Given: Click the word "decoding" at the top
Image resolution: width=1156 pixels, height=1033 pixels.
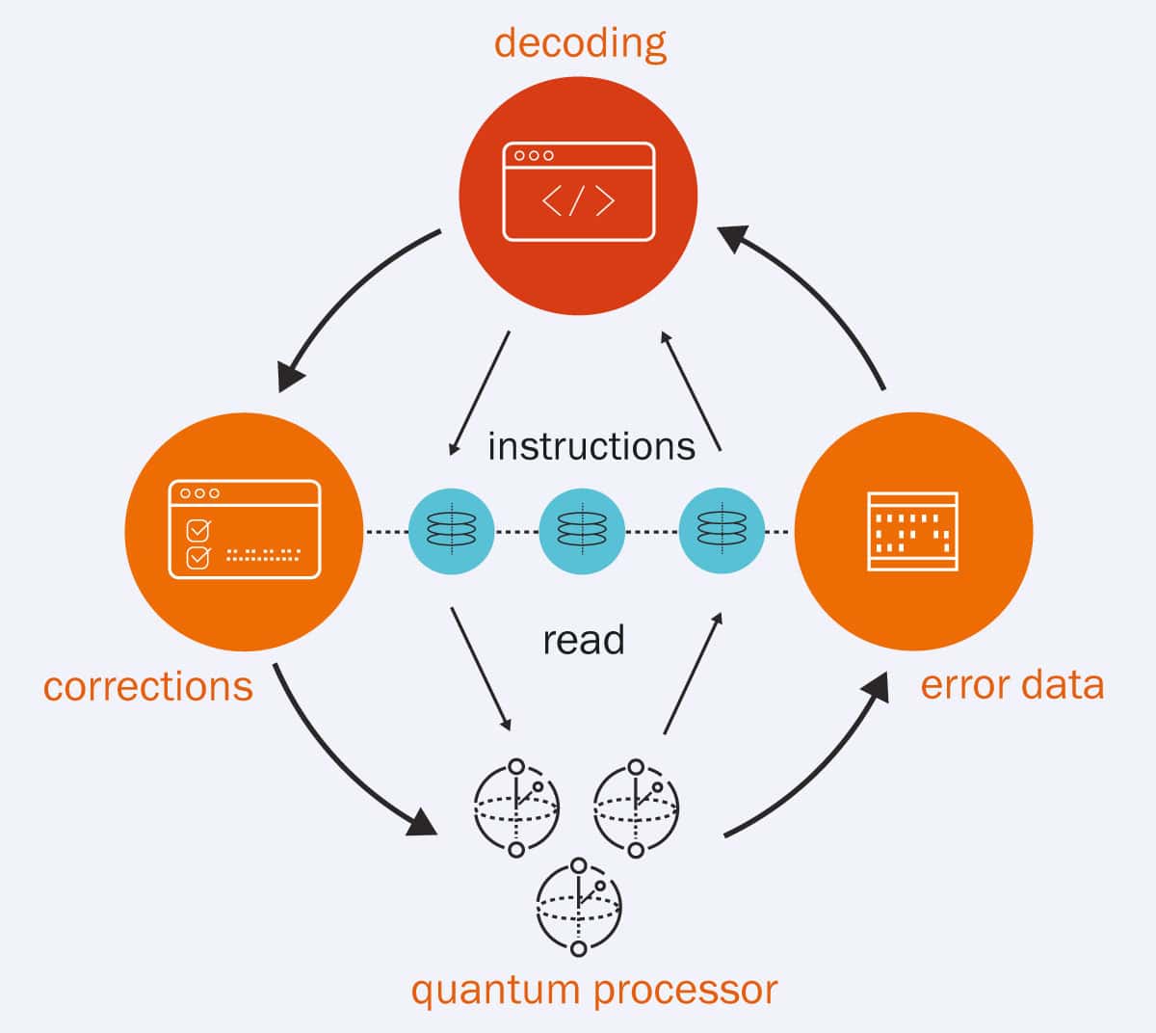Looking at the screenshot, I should [580, 43].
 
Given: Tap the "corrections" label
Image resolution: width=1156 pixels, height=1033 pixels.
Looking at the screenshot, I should [148, 687].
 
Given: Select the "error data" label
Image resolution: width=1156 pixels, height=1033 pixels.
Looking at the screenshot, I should [1011, 685].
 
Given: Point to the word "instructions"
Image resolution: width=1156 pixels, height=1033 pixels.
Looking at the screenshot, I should [591, 447].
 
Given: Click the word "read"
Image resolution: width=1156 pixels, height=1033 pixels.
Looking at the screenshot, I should [583, 640].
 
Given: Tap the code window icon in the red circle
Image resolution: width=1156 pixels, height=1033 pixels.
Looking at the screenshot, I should [579, 192].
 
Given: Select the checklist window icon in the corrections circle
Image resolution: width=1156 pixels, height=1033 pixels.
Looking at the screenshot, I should [245, 529].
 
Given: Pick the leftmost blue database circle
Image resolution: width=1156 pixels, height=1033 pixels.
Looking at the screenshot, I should [451, 531].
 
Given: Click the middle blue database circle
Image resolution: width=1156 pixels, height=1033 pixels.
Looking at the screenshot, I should [582, 531].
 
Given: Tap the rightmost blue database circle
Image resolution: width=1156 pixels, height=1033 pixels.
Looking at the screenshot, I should [722, 531].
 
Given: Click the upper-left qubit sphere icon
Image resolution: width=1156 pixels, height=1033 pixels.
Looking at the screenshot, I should [516, 808].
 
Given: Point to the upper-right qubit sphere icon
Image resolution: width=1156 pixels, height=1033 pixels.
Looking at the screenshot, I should [636, 808].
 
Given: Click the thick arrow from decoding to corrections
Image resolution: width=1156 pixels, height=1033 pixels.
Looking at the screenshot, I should [347, 299].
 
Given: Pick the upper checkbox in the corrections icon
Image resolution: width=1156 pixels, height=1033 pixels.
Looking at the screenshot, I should [197, 529].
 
